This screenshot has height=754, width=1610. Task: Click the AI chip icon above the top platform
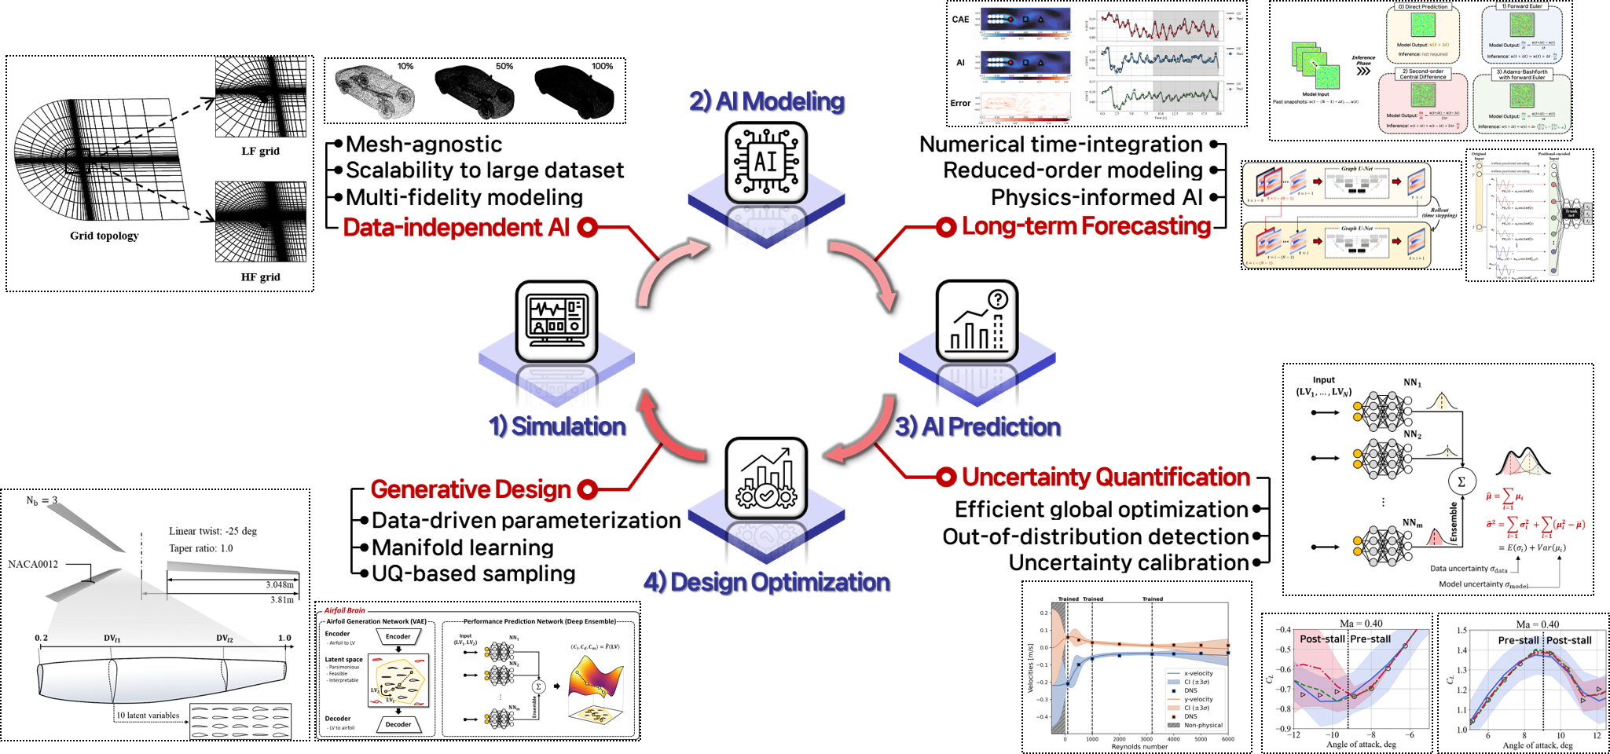tap(766, 163)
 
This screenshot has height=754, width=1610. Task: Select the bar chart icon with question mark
tap(977, 320)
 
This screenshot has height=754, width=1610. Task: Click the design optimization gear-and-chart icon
tap(766, 478)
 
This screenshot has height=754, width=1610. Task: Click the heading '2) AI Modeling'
tap(766, 101)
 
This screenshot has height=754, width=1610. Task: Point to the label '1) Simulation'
tap(557, 426)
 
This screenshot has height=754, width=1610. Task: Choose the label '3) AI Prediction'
tap(977, 426)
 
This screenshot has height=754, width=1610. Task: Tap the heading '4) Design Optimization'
tap(766, 582)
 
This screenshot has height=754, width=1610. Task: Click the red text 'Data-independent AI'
tap(457, 227)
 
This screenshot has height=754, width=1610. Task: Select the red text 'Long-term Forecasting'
tap(1086, 226)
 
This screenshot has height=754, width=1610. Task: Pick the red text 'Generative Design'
tap(471, 489)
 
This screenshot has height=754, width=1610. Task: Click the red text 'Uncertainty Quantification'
tap(1106, 477)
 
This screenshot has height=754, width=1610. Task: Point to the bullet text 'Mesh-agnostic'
tap(424, 145)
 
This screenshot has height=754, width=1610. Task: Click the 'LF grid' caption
tap(260, 151)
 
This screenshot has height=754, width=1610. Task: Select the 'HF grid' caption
tap(260, 277)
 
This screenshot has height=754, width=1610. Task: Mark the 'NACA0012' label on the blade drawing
tap(33, 564)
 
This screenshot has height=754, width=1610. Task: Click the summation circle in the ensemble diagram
tap(1461, 481)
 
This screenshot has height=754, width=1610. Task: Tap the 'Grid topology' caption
tap(104, 236)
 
